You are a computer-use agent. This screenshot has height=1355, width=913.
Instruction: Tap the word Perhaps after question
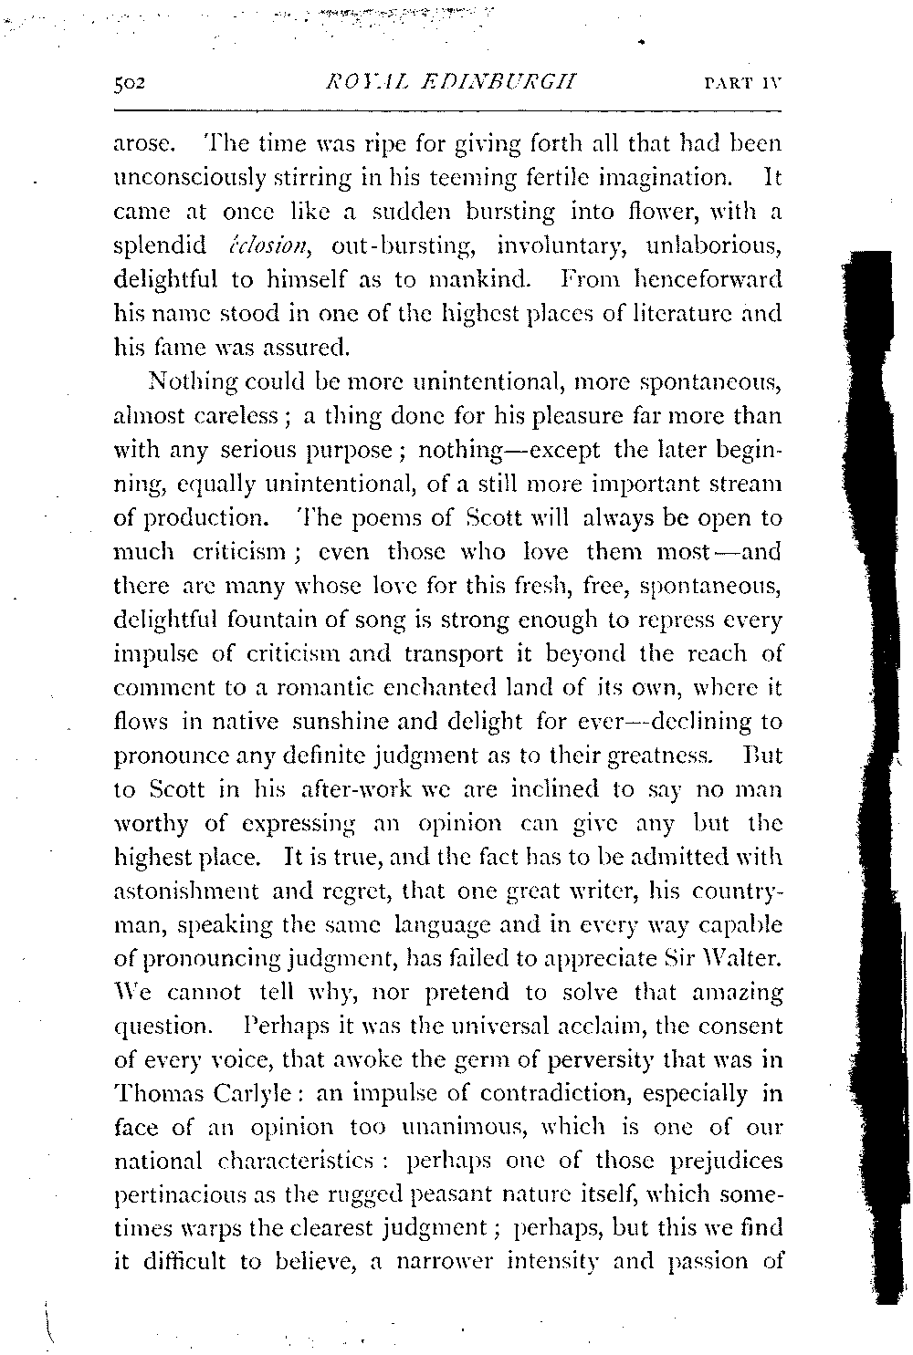coord(291,1026)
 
